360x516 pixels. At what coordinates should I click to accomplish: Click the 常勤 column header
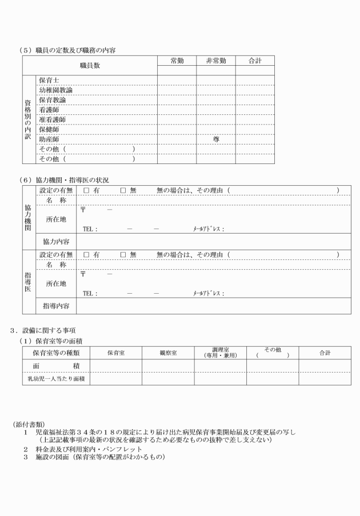(177, 61)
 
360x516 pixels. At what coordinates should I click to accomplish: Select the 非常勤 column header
(215, 61)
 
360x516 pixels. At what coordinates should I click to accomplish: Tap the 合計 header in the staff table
(255, 61)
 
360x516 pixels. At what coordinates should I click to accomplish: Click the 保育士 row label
(49, 81)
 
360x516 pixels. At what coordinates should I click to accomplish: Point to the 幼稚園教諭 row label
(55, 90)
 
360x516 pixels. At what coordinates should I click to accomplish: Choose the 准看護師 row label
(52, 119)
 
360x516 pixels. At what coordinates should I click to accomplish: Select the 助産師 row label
(49, 139)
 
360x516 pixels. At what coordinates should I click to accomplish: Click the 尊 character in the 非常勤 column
(216, 139)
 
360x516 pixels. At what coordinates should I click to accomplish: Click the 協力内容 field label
(57, 242)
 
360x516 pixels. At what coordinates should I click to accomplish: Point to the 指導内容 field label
(57, 306)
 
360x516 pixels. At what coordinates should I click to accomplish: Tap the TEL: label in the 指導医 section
(90, 294)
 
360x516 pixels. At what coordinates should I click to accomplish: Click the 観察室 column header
(168, 353)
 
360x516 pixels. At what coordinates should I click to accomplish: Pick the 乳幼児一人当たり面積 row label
(56, 379)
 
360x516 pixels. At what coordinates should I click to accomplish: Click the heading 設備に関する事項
(47, 330)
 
